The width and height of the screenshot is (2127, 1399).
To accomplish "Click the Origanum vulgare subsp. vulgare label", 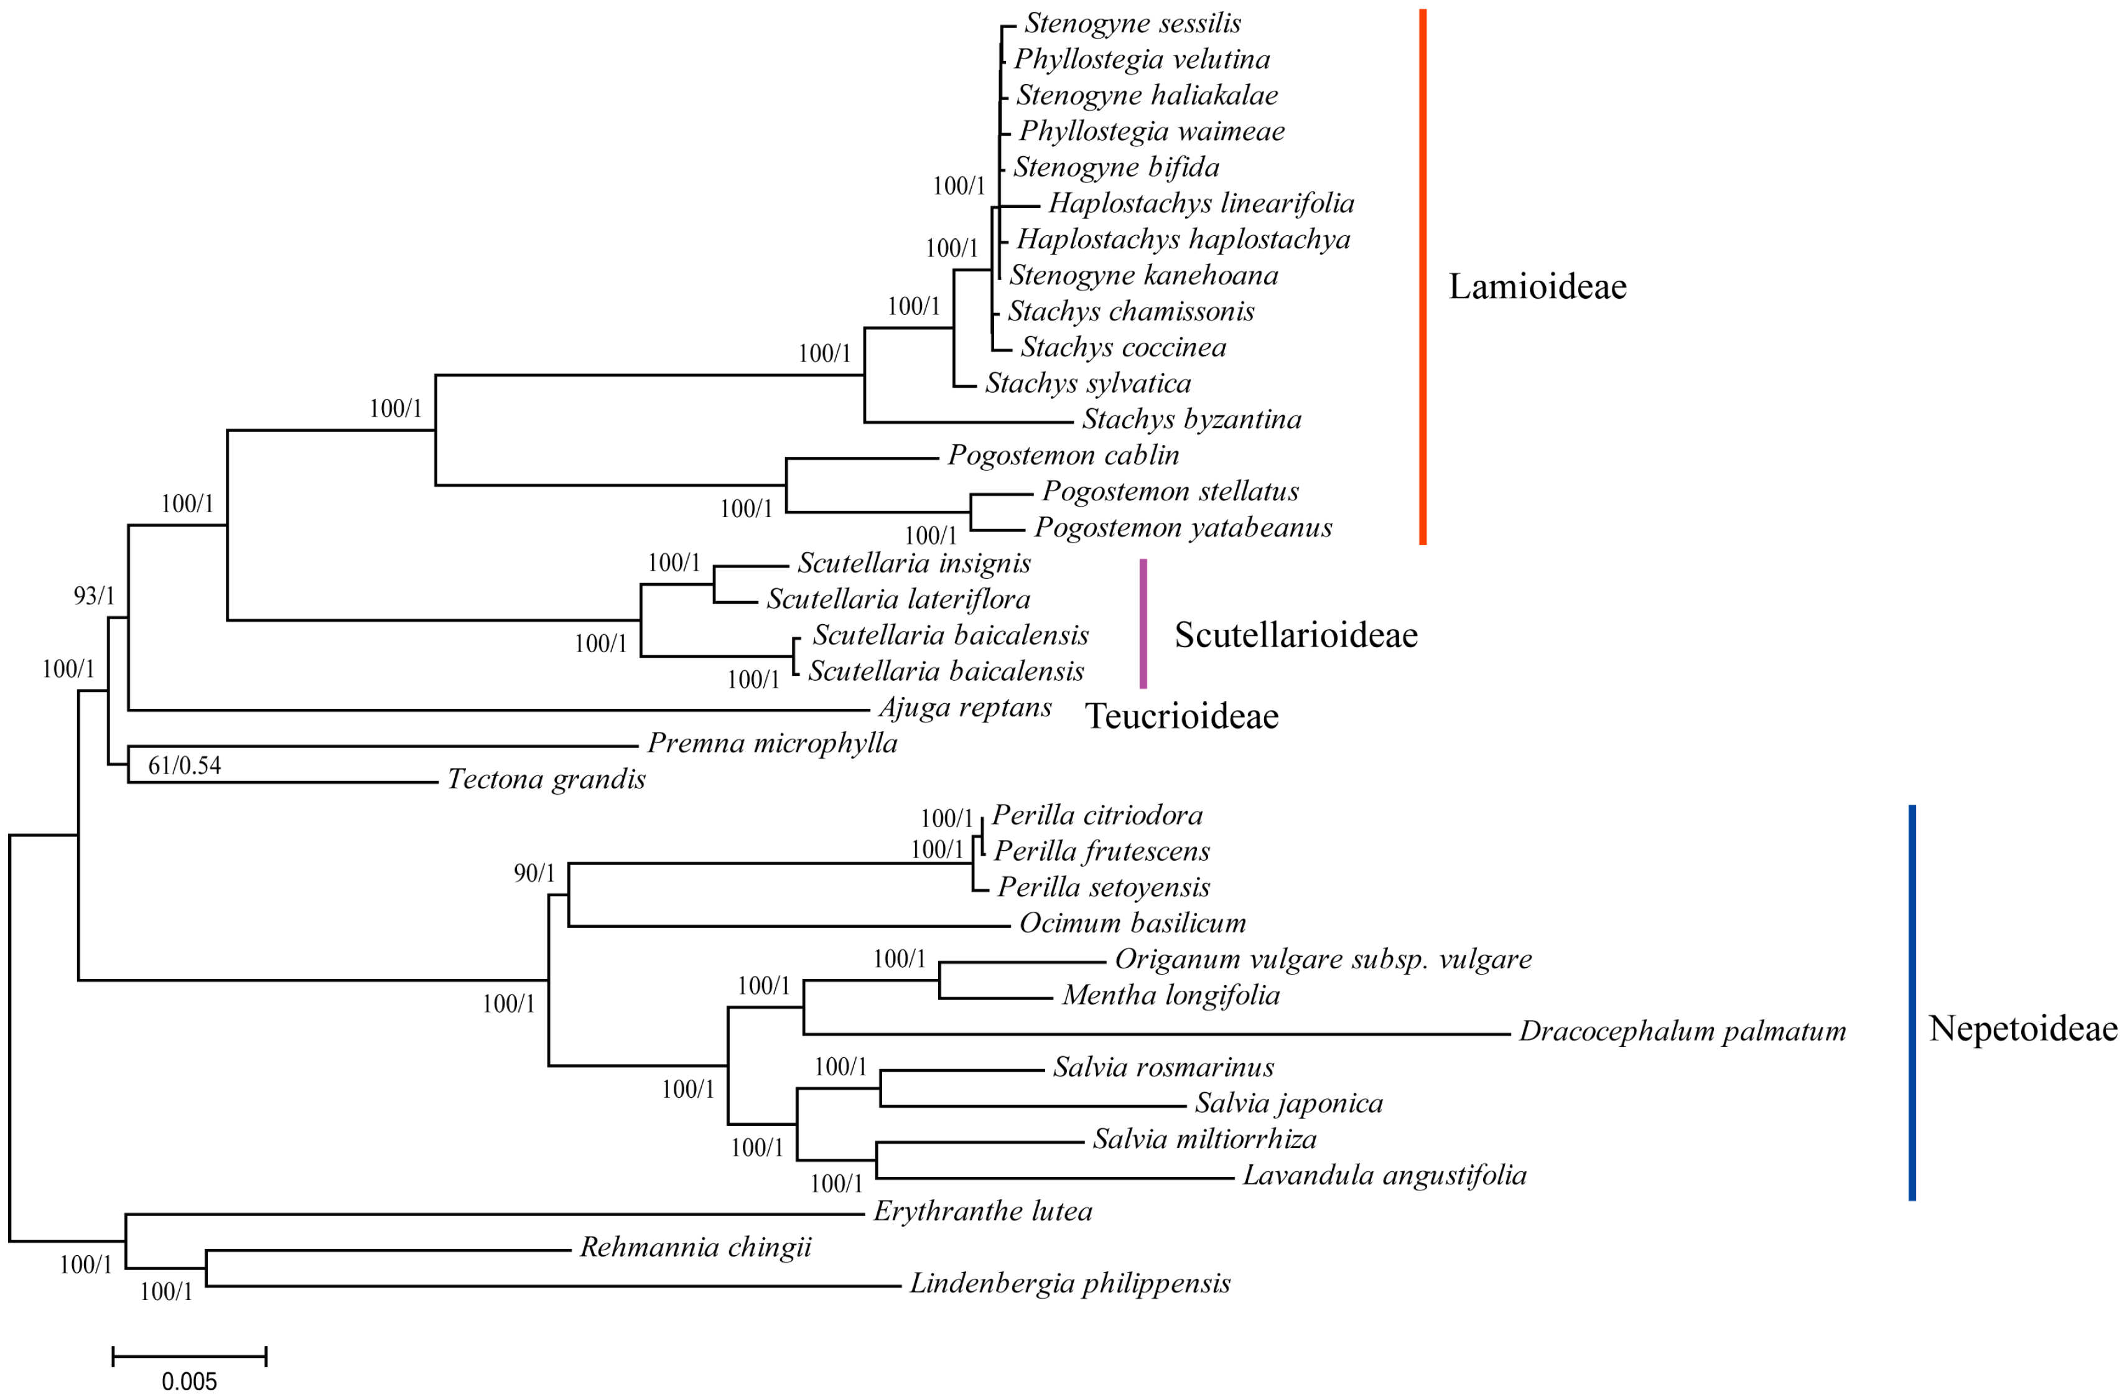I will (x=1323, y=959).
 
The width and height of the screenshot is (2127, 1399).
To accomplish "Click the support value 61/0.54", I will (x=184, y=765).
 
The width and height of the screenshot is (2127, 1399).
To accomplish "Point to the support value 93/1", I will (x=94, y=596).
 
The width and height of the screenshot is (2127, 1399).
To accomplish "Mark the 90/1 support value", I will (x=534, y=873).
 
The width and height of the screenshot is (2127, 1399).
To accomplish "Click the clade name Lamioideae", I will (x=1537, y=286).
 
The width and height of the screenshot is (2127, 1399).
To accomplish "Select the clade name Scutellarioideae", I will (x=1296, y=635).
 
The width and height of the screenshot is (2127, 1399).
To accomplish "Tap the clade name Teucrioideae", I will (x=1181, y=716).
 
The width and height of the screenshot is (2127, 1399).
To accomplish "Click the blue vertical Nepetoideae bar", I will (x=1912, y=1001).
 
